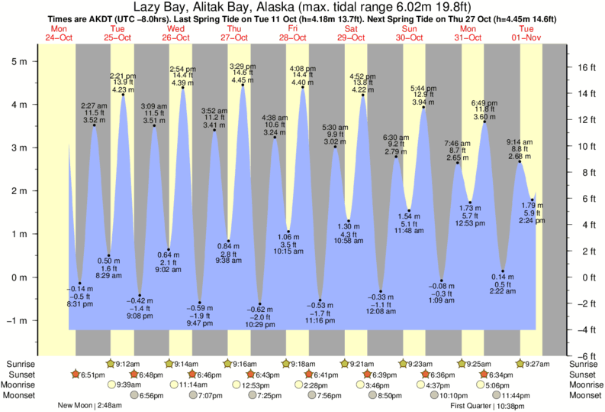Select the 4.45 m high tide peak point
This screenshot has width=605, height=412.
[243, 85]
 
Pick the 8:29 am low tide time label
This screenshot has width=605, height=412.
[109, 285]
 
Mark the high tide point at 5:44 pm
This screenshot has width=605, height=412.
[423, 107]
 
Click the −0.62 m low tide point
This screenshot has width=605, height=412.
[259, 303]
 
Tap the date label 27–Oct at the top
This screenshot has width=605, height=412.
[234, 37]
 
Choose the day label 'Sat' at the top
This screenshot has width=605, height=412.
[351, 28]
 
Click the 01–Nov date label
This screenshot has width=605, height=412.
[526, 37]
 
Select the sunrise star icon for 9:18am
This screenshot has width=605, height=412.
[286, 363]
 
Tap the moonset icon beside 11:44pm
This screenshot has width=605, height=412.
[494, 395]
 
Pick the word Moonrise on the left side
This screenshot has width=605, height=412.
[20, 385]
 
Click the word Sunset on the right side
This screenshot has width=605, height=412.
[584, 375]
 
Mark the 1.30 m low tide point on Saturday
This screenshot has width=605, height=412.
[349, 222]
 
